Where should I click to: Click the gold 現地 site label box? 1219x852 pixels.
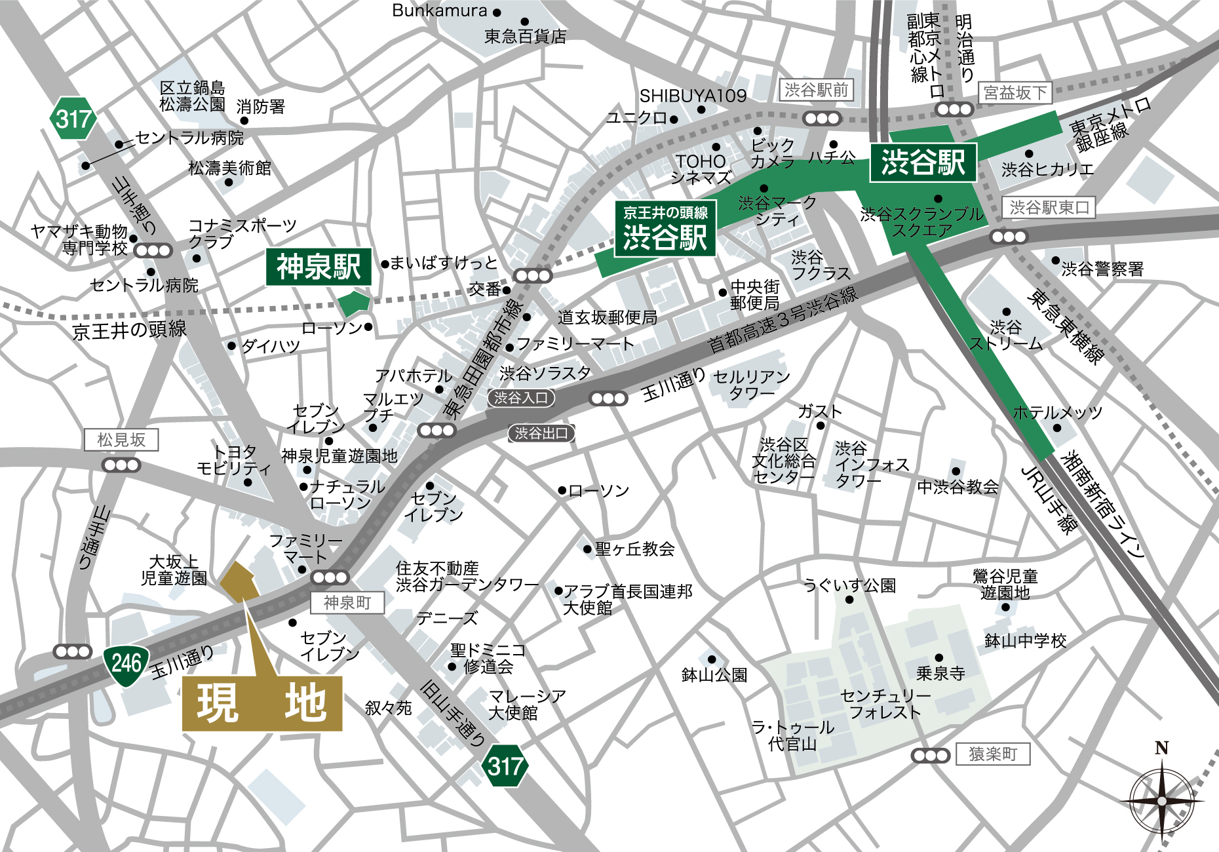[262, 704]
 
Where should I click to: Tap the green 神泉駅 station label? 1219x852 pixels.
[319, 267]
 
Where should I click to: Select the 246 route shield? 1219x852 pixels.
[126, 664]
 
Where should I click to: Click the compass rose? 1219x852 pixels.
[1161, 800]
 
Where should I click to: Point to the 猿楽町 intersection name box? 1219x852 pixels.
[992, 754]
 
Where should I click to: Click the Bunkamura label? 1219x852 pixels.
[439, 11]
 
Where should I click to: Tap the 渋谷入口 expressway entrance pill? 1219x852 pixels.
[521, 398]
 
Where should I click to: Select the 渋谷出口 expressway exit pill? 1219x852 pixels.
[541, 433]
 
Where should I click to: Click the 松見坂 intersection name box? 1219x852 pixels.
[121, 440]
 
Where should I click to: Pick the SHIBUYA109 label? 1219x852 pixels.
[693, 96]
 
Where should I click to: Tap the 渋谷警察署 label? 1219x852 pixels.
[1102, 269]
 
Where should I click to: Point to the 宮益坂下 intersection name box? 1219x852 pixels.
[1015, 93]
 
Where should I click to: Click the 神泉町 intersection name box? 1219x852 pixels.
[347, 602]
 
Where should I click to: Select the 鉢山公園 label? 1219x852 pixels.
[714, 675]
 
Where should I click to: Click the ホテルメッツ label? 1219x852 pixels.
[1057, 413]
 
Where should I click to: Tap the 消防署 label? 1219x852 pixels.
[260, 106]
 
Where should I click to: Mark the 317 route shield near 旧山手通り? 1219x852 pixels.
[505, 765]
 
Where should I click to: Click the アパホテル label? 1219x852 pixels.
[413, 376]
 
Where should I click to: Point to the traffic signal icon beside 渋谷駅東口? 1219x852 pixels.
[1009, 237]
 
